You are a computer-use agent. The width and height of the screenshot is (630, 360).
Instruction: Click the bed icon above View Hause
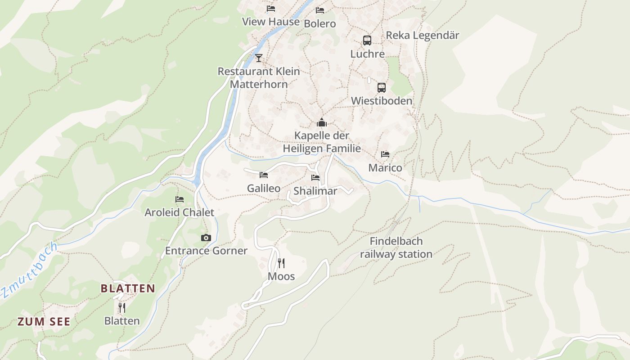pyautogui.click(x=270, y=9)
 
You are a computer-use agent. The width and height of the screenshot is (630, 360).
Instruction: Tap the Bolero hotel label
pyautogui.click(x=319, y=23)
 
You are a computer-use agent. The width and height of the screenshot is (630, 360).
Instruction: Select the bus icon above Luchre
pyautogui.click(x=367, y=40)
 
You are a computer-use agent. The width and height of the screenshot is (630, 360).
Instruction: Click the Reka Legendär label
pyautogui.click(x=422, y=36)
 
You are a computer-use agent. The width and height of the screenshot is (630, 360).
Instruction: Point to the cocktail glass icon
pyautogui.click(x=258, y=58)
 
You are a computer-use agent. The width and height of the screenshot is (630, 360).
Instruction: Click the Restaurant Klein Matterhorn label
pyautogui.click(x=259, y=77)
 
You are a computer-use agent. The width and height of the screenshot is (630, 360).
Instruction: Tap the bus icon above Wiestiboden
pyautogui.click(x=381, y=88)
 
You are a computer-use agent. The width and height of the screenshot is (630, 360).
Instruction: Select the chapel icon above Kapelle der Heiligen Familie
pyautogui.click(x=321, y=122)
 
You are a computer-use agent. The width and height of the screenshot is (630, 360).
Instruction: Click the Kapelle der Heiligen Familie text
pyautogui.click(x=321, y=142)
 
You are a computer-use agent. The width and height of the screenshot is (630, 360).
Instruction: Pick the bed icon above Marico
pyautogui.click(x=385, y=154)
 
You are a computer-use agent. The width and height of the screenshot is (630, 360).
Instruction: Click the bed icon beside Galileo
pyautogui.click(x=264, y=175)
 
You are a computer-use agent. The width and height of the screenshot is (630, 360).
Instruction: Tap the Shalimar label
pyautogui.click(x=315, y=191)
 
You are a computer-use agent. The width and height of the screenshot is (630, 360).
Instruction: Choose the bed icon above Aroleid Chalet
pyautogui.click(x=180, y=199)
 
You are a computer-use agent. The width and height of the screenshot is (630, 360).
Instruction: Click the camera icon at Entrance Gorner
pyautogui.click(x=206, y=238)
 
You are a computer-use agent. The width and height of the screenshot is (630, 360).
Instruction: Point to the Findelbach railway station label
pyautogui.click(x=396, y=247)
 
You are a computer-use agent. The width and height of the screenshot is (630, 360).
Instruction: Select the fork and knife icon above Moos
pyautogui.click(x=281, y=263)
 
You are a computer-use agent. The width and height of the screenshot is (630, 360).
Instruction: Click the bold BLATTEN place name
pyautogui.click(x=128, y=288)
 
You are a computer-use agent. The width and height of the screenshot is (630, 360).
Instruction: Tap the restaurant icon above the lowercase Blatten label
pyautogui.click(x=121, y=308)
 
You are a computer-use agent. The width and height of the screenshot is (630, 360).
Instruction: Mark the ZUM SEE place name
pyautogui.click(x=44, y=321)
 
